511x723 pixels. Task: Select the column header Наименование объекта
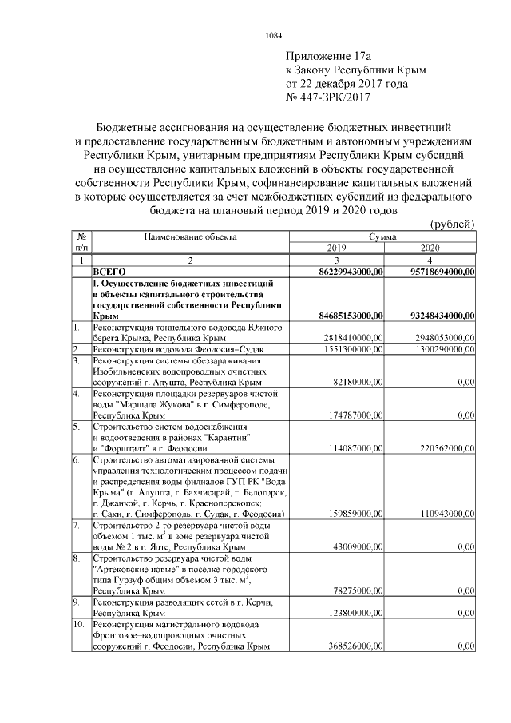(x=190, y=237)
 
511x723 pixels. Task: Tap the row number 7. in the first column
(x=77, y=526)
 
